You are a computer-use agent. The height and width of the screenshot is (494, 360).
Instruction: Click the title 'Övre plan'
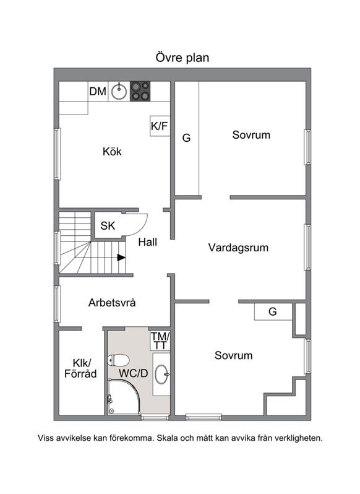[182, 58]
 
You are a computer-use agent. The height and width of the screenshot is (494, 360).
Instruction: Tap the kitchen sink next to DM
[119, 92]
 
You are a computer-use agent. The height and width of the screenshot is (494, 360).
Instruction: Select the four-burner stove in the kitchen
[140, 92]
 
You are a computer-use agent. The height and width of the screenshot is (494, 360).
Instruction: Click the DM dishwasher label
[98, 92]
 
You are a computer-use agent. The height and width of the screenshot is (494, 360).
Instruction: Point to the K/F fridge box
[160, 126]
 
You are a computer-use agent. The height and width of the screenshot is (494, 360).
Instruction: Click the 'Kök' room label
[112, 152]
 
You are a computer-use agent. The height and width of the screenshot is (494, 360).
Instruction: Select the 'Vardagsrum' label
[238, 248]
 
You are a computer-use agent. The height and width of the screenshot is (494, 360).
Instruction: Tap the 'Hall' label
[148, 242]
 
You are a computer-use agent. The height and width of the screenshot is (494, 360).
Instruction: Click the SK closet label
[108, 225]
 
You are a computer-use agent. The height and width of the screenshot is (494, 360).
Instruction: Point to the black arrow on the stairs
[121, 258]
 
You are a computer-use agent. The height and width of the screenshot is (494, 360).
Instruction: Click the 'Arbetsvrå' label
[112, 303]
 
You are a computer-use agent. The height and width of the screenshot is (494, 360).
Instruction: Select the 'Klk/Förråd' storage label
[80, 368]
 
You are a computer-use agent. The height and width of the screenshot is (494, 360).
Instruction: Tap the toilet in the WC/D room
[118, 360]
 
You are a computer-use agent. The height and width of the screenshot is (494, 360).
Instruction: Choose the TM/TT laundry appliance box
[160, 340]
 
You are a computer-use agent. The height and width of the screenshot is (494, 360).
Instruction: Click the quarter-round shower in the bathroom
[124, 397]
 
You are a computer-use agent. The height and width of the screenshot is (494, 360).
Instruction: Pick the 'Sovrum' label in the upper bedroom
[251, 135]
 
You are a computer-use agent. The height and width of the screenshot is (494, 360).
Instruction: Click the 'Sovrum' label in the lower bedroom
[233, 355]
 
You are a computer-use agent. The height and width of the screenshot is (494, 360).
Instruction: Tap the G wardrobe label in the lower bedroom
[273, 311]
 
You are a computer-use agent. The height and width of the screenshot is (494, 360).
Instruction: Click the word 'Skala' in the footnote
[167, 438]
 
